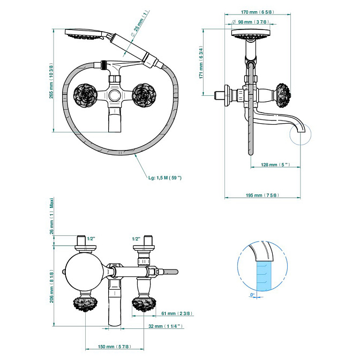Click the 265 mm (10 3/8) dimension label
coord(51,80)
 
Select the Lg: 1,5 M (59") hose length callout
coord(165,178)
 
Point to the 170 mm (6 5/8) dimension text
coord(257,12)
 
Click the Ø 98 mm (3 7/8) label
coord(251,22)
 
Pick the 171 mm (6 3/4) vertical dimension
coord(201,62)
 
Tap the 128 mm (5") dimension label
coord(275,164)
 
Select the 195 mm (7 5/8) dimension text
coord(262,195)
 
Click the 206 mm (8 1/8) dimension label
coord(51,286)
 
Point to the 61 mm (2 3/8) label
coord(177,313)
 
